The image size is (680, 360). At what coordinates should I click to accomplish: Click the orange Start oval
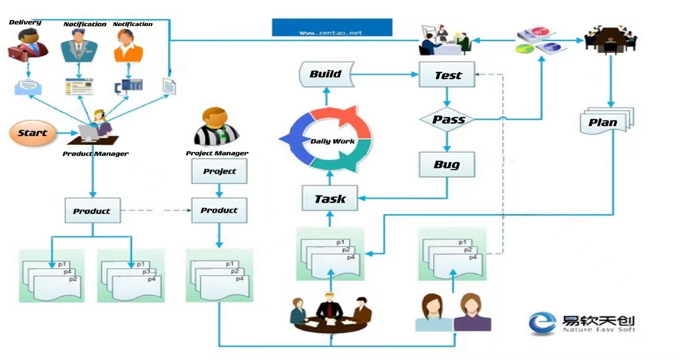(33, 133)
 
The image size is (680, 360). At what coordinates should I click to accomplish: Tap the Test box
(448, 74)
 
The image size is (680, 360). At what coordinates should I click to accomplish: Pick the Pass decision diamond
(448, 120)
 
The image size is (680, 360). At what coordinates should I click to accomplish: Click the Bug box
(447, 165)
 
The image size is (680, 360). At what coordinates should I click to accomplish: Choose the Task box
(330, 199)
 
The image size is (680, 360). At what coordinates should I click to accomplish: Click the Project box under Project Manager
(220, 171)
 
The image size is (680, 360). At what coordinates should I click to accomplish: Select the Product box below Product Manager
(92, 210)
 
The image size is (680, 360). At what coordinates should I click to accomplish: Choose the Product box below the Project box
(220, 210)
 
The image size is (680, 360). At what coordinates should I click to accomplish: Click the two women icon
(453, 312)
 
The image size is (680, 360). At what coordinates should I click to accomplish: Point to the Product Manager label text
(95, 154)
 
